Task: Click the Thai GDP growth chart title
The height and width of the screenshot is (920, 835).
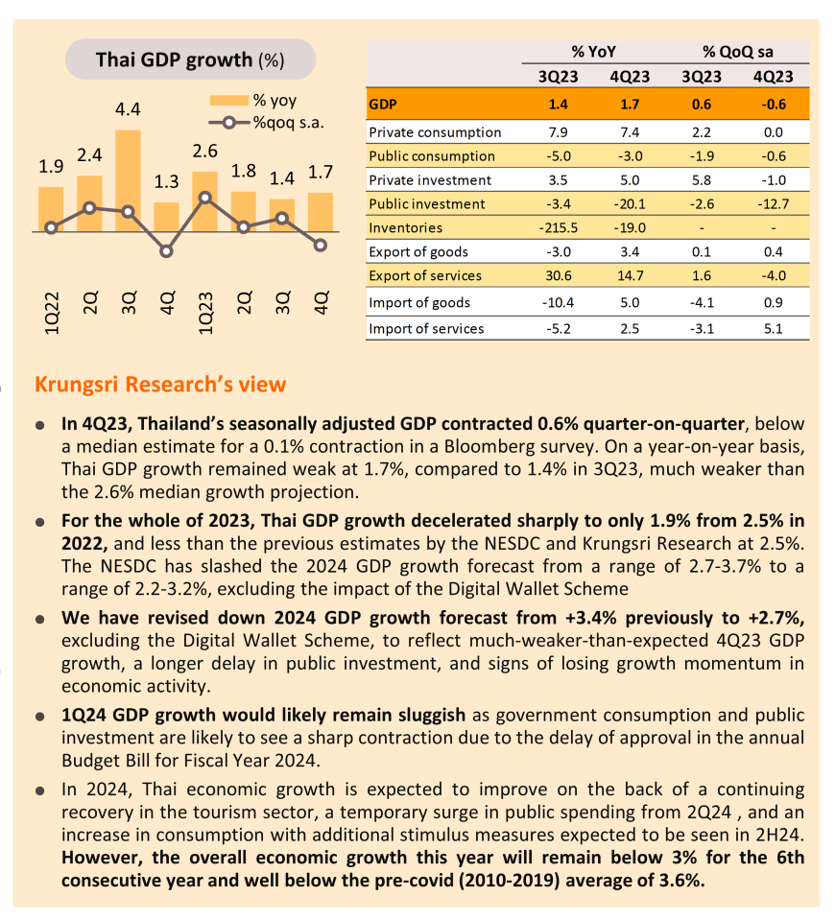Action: click(190, 59)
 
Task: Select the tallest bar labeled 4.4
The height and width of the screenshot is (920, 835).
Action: click(128, 180)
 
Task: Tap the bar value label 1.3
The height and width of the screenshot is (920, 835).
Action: click(166, 181)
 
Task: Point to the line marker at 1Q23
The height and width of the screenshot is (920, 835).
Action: click(205, 198)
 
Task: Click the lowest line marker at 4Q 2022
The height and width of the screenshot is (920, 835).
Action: click(166, 251)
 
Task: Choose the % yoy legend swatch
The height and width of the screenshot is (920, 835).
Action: click(229, 101)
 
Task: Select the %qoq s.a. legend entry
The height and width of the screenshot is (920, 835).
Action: click(266, 123)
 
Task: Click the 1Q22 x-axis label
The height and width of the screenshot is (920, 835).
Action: click(52, 314)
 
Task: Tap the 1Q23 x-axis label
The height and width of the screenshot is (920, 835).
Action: click(205, 314)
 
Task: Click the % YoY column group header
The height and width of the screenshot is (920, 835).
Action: click(594, 52)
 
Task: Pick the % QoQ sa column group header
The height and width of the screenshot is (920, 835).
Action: click(737, 52)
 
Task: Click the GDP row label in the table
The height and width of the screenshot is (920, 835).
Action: click(383, 105)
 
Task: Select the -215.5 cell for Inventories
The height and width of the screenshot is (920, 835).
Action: click(559, 227)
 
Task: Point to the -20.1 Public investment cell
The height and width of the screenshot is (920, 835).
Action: click(630, 203)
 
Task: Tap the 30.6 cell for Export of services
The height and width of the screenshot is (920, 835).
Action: click(559, 275)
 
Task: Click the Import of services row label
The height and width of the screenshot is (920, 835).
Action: click(426, 328)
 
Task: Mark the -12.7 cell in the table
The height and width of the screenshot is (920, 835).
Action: click(774, 203)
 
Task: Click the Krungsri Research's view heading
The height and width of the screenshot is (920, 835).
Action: click(160, 385)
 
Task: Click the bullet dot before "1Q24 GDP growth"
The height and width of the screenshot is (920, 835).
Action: click(40, 717)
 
